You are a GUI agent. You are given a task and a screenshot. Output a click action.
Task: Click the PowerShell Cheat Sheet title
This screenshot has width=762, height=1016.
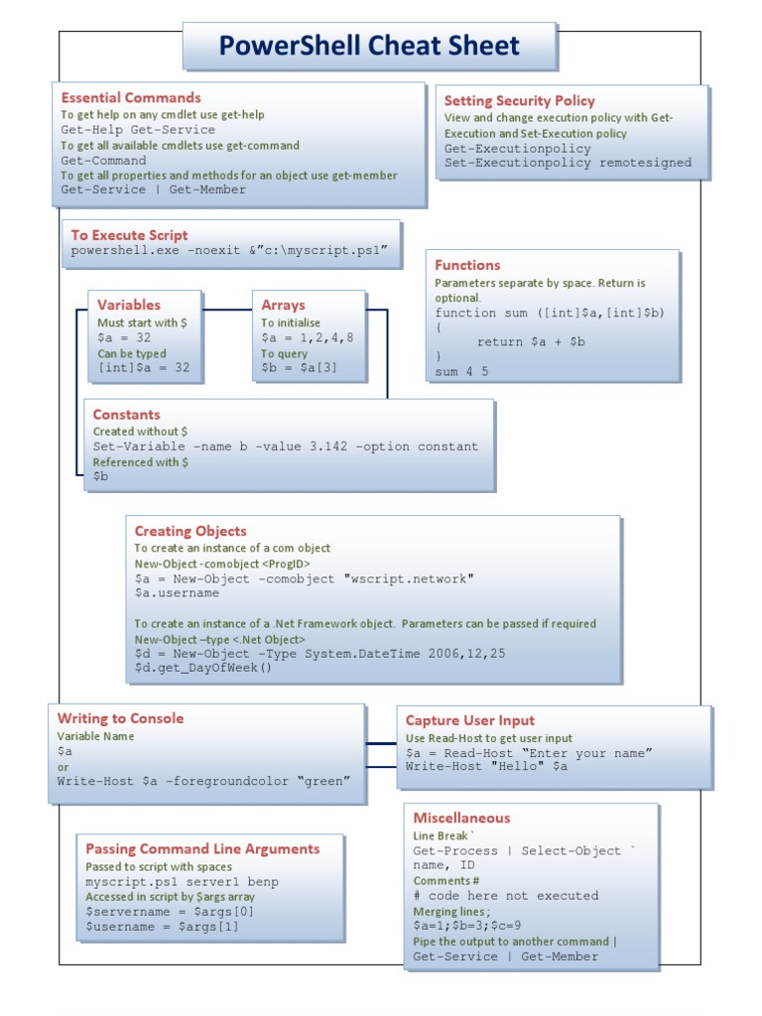(x=369, y=46)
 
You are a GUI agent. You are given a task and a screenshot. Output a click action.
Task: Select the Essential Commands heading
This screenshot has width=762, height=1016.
(x=131, y=97)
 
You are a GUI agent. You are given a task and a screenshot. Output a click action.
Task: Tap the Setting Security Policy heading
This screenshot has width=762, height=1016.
(x=519, y=100)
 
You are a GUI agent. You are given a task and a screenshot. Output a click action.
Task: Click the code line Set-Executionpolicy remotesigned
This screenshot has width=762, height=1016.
(x=568, y=163)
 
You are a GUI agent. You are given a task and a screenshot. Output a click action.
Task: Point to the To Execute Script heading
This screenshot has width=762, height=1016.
(x=129, y=235)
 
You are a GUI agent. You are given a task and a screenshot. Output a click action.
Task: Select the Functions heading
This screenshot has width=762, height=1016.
(x=467, y=265)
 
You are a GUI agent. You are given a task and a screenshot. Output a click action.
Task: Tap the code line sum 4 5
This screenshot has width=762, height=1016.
(x=460, y=372)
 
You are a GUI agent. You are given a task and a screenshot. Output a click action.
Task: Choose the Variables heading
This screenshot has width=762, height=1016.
(x=128, y=305)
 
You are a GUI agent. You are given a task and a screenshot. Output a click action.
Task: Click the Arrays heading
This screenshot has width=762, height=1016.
(x=283, y=305)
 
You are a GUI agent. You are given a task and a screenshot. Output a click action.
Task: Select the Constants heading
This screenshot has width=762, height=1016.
(x=126, y=414)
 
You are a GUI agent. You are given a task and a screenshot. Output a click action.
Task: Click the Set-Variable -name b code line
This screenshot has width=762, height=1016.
(x=285, y=446)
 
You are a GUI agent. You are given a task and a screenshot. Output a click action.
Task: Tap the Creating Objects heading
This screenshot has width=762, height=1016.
(x=190, y=531)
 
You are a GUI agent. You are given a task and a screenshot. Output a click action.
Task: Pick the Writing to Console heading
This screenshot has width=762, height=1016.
(x=120, y=718)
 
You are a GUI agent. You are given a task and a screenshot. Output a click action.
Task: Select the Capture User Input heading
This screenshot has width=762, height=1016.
(x=469, y=720)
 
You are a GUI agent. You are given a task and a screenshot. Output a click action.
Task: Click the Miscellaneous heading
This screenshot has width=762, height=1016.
(x=461, y=818)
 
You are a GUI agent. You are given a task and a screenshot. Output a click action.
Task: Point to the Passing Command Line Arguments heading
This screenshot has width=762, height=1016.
(x=202, y=848)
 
